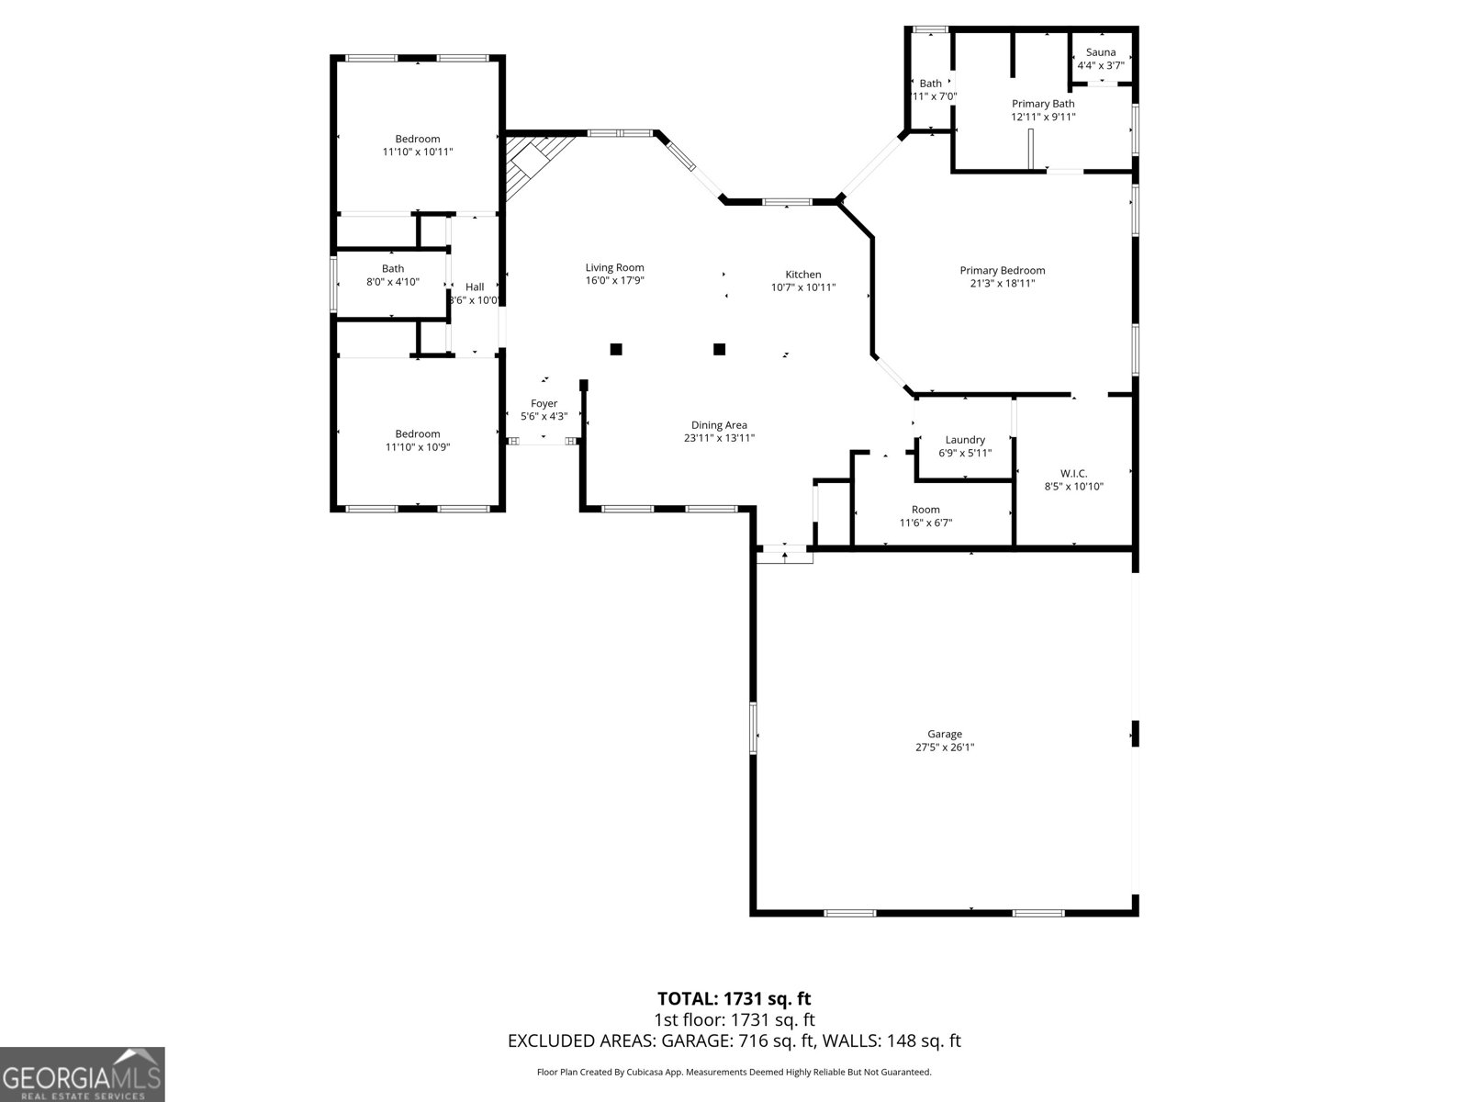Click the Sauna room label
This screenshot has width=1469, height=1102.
click(1100, 52)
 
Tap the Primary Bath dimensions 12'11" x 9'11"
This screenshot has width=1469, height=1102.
click(1043, 117)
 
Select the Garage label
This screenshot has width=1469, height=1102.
click(944, 734)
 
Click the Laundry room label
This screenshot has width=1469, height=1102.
click(965, 440)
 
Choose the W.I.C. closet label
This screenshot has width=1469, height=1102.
click(1073, 474)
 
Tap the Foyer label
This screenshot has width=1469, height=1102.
click(544, 403)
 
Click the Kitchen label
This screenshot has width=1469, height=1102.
click(802, 275)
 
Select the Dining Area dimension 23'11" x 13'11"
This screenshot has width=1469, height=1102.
click(719, 438)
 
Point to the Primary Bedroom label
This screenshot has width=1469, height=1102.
click(1002, 270)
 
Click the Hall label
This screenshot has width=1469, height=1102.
click(474, 287)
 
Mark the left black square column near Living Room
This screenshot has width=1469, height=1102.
click(616, 349)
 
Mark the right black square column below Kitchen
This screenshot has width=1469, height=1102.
click(720, 349)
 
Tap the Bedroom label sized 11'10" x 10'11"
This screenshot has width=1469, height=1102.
click(418, 140)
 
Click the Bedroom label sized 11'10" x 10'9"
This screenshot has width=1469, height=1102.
click(418, 433)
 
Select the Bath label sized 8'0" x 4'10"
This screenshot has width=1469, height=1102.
click(393, 269)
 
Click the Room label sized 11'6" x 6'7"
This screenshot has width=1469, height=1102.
click(925, 510)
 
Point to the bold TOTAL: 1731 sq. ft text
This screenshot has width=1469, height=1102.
click(734, 998)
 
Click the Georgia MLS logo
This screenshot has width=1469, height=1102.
click(82, 1074)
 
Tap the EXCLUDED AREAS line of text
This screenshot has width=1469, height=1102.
click(734, 1040)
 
